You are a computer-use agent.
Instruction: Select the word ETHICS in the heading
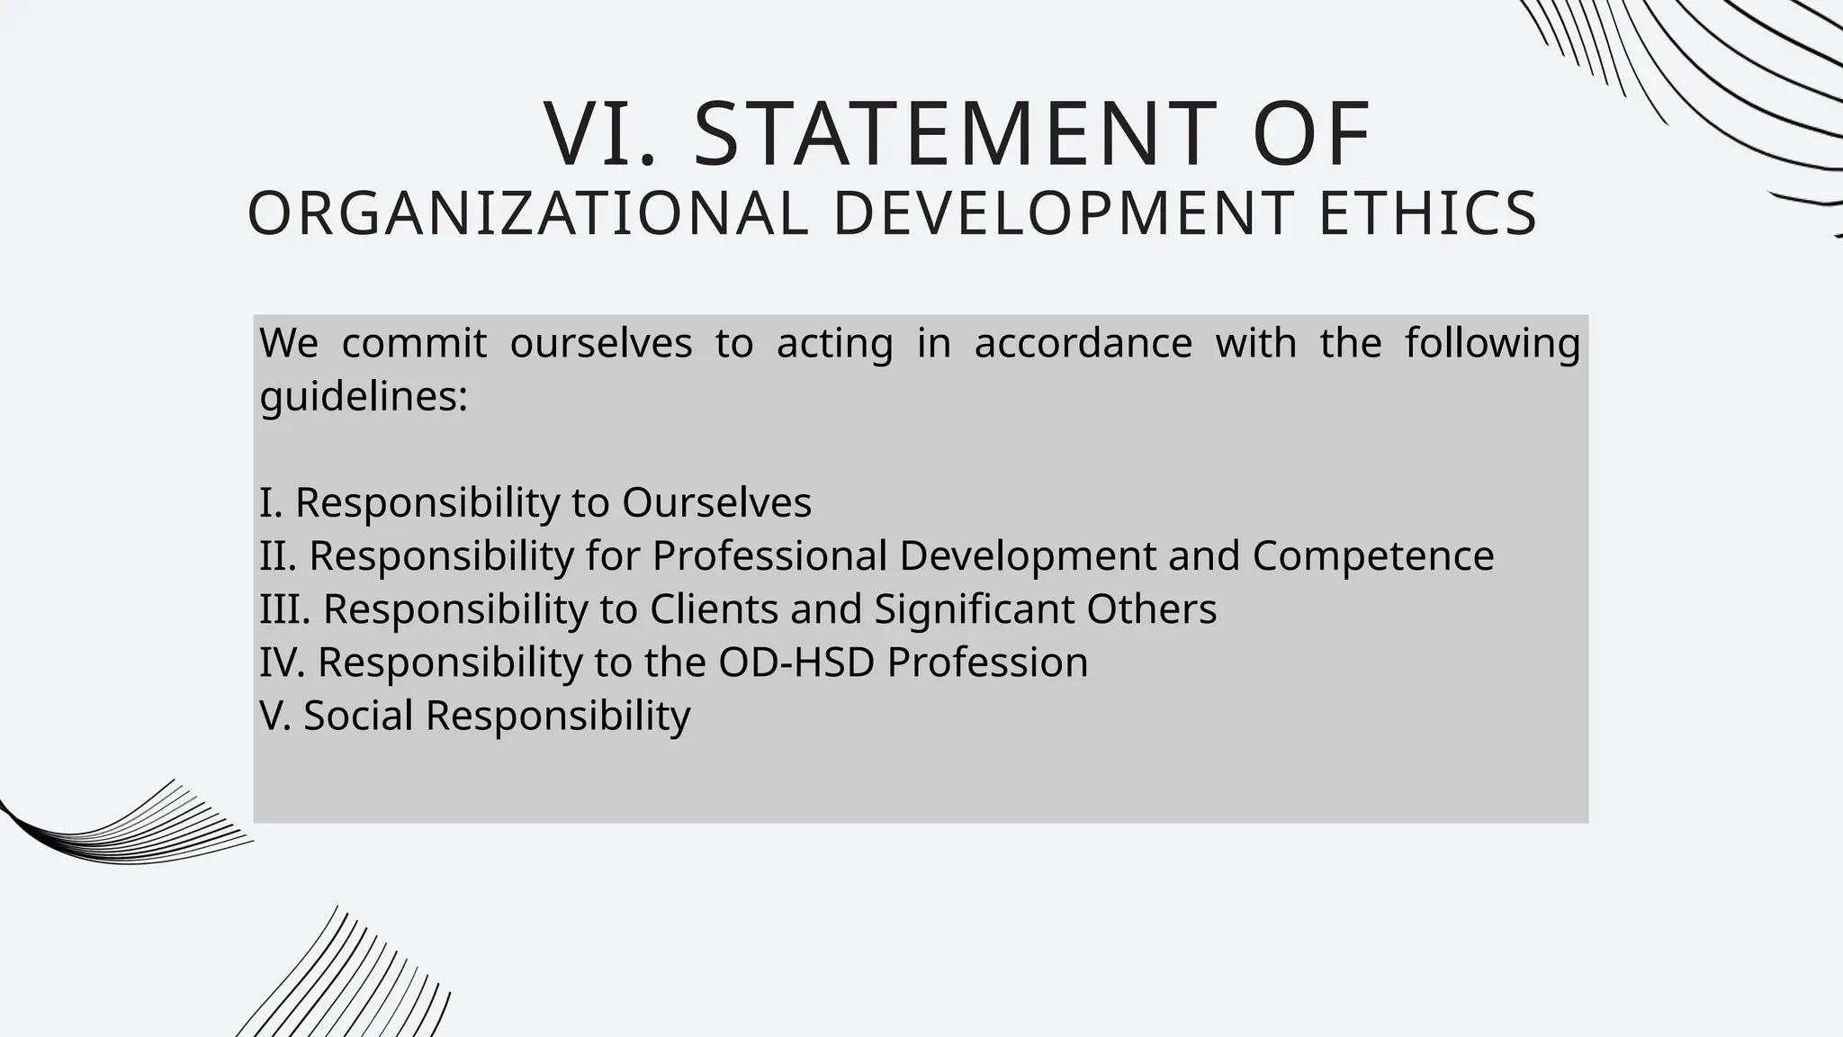point(1428,214)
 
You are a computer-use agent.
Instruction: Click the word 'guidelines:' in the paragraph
point(364,396)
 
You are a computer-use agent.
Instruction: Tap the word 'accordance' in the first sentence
point(1083,343)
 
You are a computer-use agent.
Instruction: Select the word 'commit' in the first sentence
point(414,343)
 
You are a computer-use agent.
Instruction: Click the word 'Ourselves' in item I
point(716,502)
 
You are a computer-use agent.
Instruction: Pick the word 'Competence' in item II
point(1372,555)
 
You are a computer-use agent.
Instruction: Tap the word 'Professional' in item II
point(769,555)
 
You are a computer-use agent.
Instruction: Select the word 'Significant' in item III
point(975,609)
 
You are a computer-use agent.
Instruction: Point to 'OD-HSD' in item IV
point(796,662)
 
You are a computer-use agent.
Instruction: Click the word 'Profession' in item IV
point(987,662)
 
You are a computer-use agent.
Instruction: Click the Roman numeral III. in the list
point(284,609)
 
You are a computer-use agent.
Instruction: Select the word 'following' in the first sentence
point(1492,343)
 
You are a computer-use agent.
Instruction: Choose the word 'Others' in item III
point(1151,609)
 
